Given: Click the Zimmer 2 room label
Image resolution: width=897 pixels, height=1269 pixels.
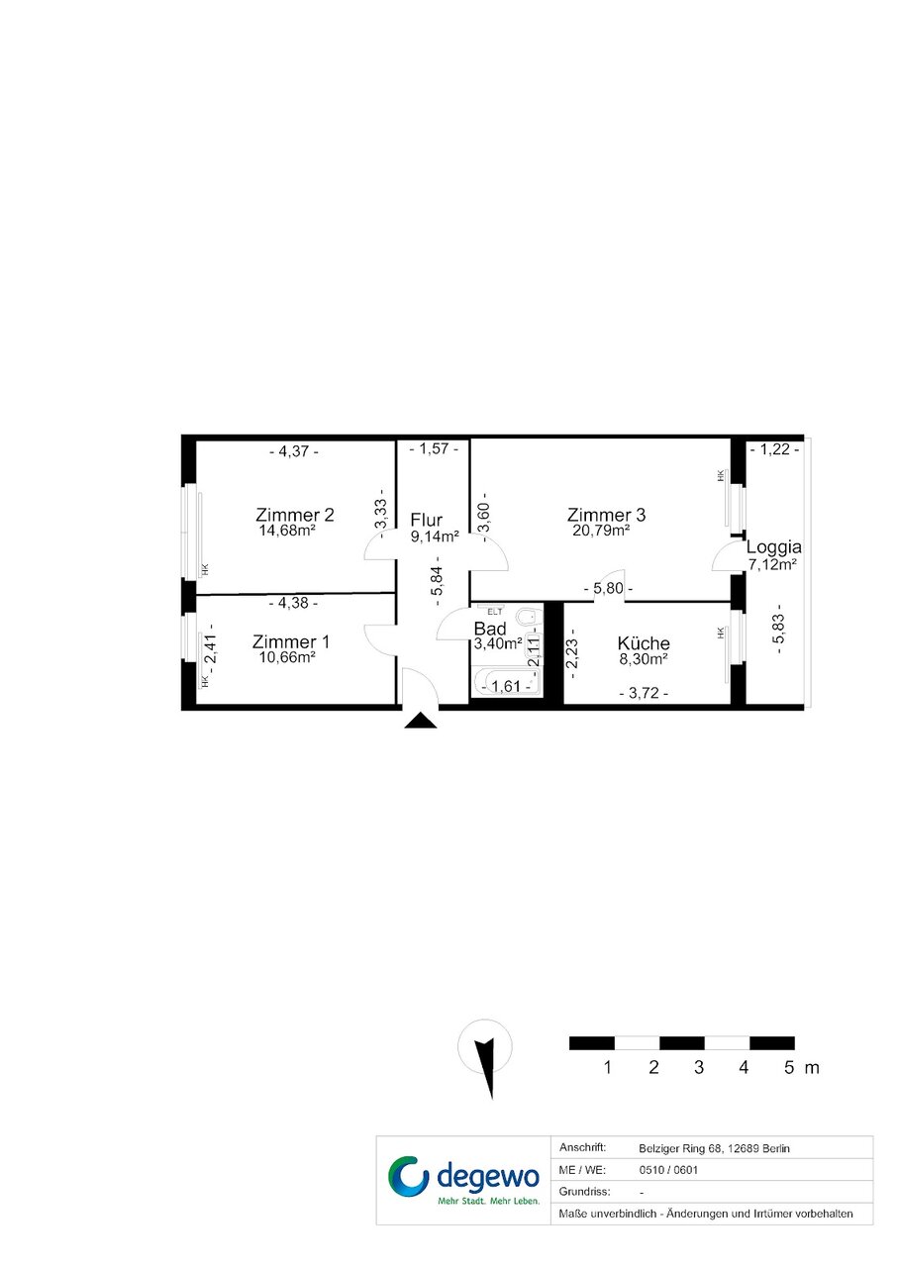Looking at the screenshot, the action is pos(295,515).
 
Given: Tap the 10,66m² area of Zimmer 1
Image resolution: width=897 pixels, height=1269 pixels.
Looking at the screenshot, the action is pos(287,657).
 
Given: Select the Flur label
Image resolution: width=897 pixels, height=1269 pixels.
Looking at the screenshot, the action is pos(426,520).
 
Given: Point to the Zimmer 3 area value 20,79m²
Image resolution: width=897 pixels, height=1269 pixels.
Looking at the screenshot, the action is pos(601,531).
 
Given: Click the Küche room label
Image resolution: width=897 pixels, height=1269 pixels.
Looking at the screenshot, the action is pos(644,643).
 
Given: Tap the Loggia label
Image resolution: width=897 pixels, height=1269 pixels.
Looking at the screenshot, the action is pos(773,547).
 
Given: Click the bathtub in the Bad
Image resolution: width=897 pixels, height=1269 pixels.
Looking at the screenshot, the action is pos(506,682).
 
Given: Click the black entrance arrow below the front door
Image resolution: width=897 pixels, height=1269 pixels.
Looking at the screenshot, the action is pos(421,721).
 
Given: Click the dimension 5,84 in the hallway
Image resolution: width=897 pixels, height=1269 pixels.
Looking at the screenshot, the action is pos(437,581).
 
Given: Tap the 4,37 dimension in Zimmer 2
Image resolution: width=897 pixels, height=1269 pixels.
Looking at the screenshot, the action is pos(293,451).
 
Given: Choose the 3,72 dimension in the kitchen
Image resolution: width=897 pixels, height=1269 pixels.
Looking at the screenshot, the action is pos(644,693).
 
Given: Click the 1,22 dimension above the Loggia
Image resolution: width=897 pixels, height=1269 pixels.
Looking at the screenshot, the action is pos(774,449).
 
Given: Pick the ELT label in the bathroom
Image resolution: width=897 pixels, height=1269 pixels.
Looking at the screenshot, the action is pos(495,612).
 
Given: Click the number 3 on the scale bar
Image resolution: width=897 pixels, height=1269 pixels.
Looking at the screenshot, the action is pos(699,1067).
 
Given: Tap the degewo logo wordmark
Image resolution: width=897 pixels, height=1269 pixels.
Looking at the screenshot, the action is pos(488,1177).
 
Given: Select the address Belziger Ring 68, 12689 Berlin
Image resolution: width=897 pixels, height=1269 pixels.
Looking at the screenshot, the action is pos(714,1148).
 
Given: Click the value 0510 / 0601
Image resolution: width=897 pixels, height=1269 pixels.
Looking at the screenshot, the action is pos(668,1170).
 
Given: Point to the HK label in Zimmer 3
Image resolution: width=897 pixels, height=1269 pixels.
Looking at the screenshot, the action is pos(721,476).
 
